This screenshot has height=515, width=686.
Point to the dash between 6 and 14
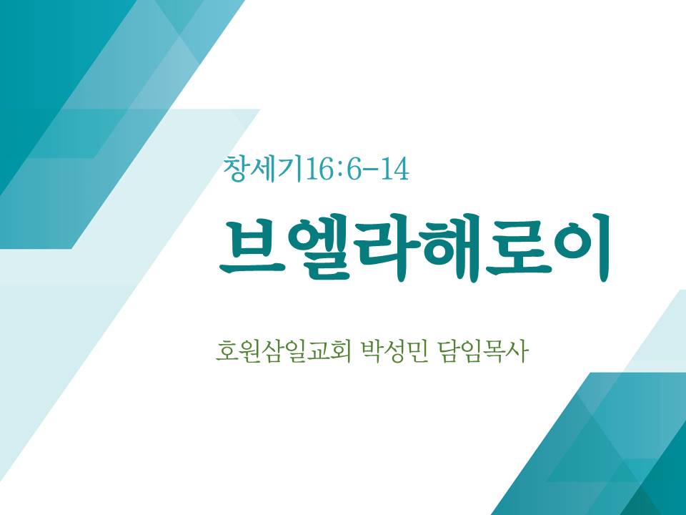(371, 170)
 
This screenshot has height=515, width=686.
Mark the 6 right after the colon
(354, 170)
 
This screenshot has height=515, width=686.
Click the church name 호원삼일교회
(284, 350)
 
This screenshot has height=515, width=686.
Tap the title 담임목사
(482, 350)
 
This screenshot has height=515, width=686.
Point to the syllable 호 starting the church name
(227, 351)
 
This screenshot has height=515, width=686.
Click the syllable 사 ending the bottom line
(518, 350)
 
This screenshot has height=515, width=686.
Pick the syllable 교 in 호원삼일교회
(318, 351)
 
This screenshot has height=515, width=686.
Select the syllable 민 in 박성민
(417, 351)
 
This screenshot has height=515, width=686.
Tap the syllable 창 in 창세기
(235, 169)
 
